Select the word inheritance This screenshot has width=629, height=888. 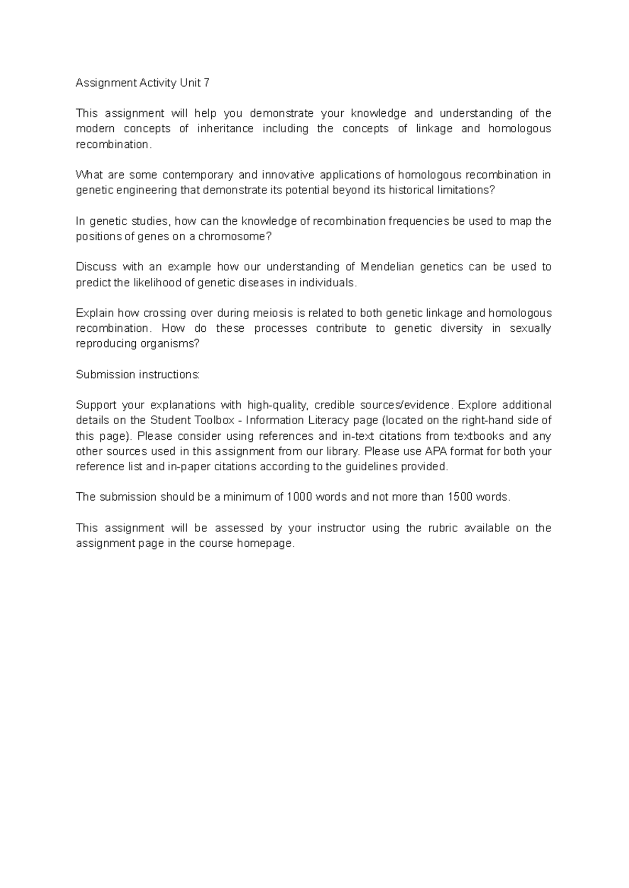tap(225, 128)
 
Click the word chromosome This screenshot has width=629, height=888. tap(238, 236)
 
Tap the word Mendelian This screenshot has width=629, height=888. tap(387, 267)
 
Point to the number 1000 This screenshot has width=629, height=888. tap(300, 497)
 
